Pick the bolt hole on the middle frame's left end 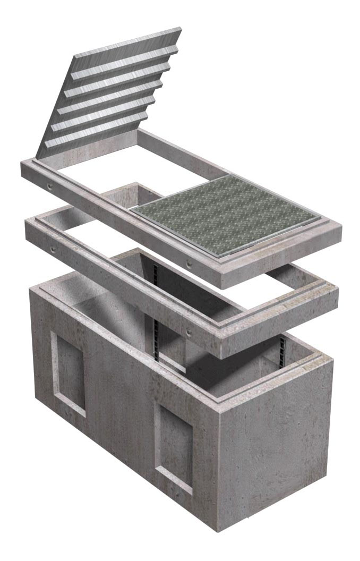tap(53, 249)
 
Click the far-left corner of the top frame tap(21, 165)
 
